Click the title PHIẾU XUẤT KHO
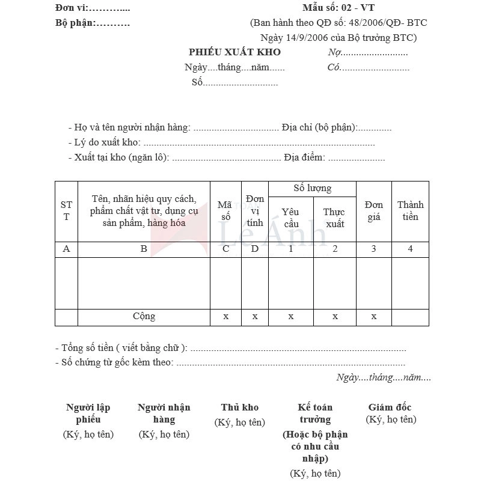pos(234,52)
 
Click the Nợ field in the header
pos(367,52)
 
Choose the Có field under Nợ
pos(368,67)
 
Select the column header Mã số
pos(225,211)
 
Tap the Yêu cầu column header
pos(290,218)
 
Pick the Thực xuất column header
pos(334,218)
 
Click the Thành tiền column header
pos(410,211)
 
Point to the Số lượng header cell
pos(312,189)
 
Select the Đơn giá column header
pos(373,211)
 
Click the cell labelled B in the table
pos(144,249)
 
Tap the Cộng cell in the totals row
pos(144,316)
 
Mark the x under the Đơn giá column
pos(373,316)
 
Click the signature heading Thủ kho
pos(239,407)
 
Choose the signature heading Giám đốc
pos(390,407)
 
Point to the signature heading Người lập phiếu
pos(88,413)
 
